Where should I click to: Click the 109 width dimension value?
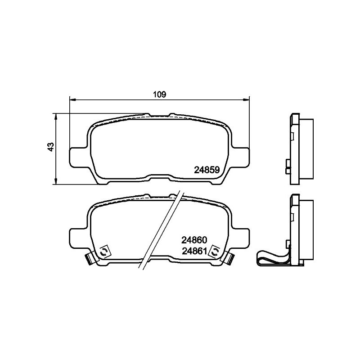tap(160, 94)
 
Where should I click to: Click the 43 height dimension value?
tap(51, 147)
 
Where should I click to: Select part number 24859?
tap(207, 170)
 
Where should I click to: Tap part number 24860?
tap(194, 240)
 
